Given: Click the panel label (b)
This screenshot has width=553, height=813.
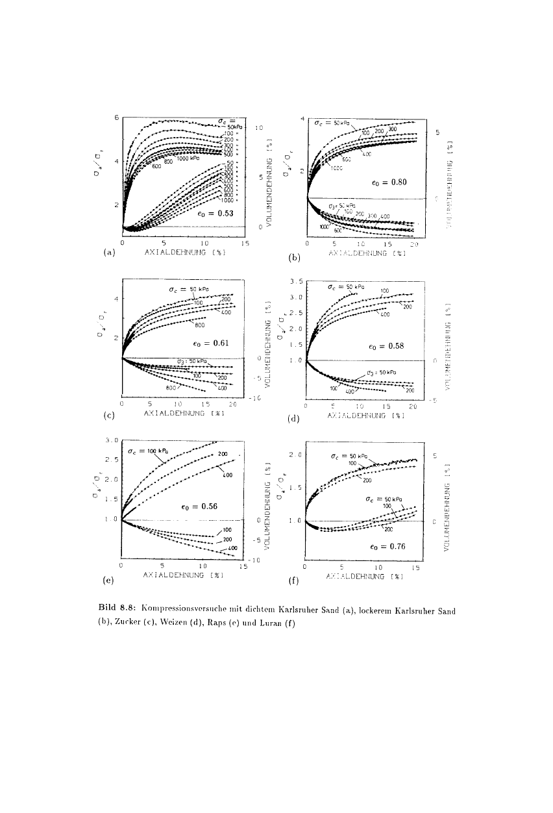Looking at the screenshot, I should pos(294,258).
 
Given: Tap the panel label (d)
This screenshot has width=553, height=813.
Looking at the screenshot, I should pos(294,419).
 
